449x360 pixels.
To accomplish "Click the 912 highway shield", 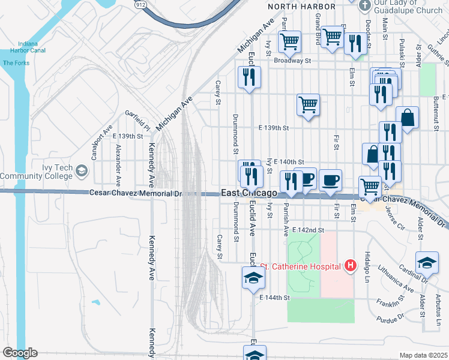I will click(140, 4).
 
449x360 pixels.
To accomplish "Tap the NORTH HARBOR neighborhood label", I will click(301, 6).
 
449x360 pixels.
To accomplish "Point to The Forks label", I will click(16, 63).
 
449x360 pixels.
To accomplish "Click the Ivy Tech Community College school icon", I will click(81, 173).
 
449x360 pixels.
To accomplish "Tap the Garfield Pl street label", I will click(137, 120).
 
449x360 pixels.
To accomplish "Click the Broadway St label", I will click(292, 61).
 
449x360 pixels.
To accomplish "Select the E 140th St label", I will click(289, 162).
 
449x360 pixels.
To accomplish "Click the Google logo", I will click(19, 353).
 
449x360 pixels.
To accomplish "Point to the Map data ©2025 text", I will click(423, 355).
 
